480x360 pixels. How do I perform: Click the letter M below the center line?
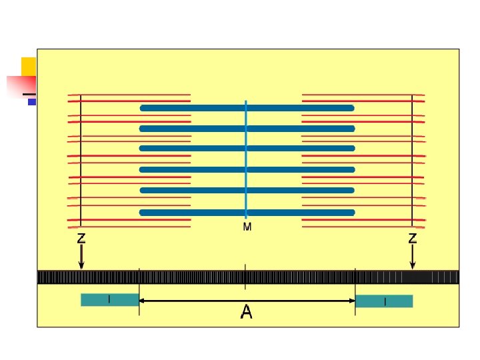pyautogui.click(x=247, y=227)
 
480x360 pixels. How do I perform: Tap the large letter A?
pyautogui.click(x=247, y=312)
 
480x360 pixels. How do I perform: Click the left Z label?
pyautogui.click(x=81, y=237)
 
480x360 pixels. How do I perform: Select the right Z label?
pyautogui.click(x=413, y=237)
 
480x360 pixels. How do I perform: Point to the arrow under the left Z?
pyautogui.click(x=81, y=257)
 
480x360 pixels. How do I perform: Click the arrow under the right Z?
pyautogui.click(x=413, y=257)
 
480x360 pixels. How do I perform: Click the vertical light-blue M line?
pyautogui.click(x=246, y=160)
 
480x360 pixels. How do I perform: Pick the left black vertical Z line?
pyautogui.click(x=81, y=160)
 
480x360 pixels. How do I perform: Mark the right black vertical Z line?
pyautogui.click(x=412, y=160)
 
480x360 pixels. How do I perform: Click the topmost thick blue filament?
pyautogui.click(x=246, y=107)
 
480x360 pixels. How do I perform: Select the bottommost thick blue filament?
pyautogui.click(x=246, y=213)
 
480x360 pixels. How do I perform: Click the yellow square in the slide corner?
pyautogui.click(x=28, y=66)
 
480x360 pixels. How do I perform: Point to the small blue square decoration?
pyautogui.click(x=31, y=102)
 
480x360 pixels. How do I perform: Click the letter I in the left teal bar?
pyautogui.click(x=109, y=300)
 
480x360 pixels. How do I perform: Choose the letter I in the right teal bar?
pyautogui.click(x=385, y=302)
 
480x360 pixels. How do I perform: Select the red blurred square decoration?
pyautogui.click(x=20, y=86)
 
